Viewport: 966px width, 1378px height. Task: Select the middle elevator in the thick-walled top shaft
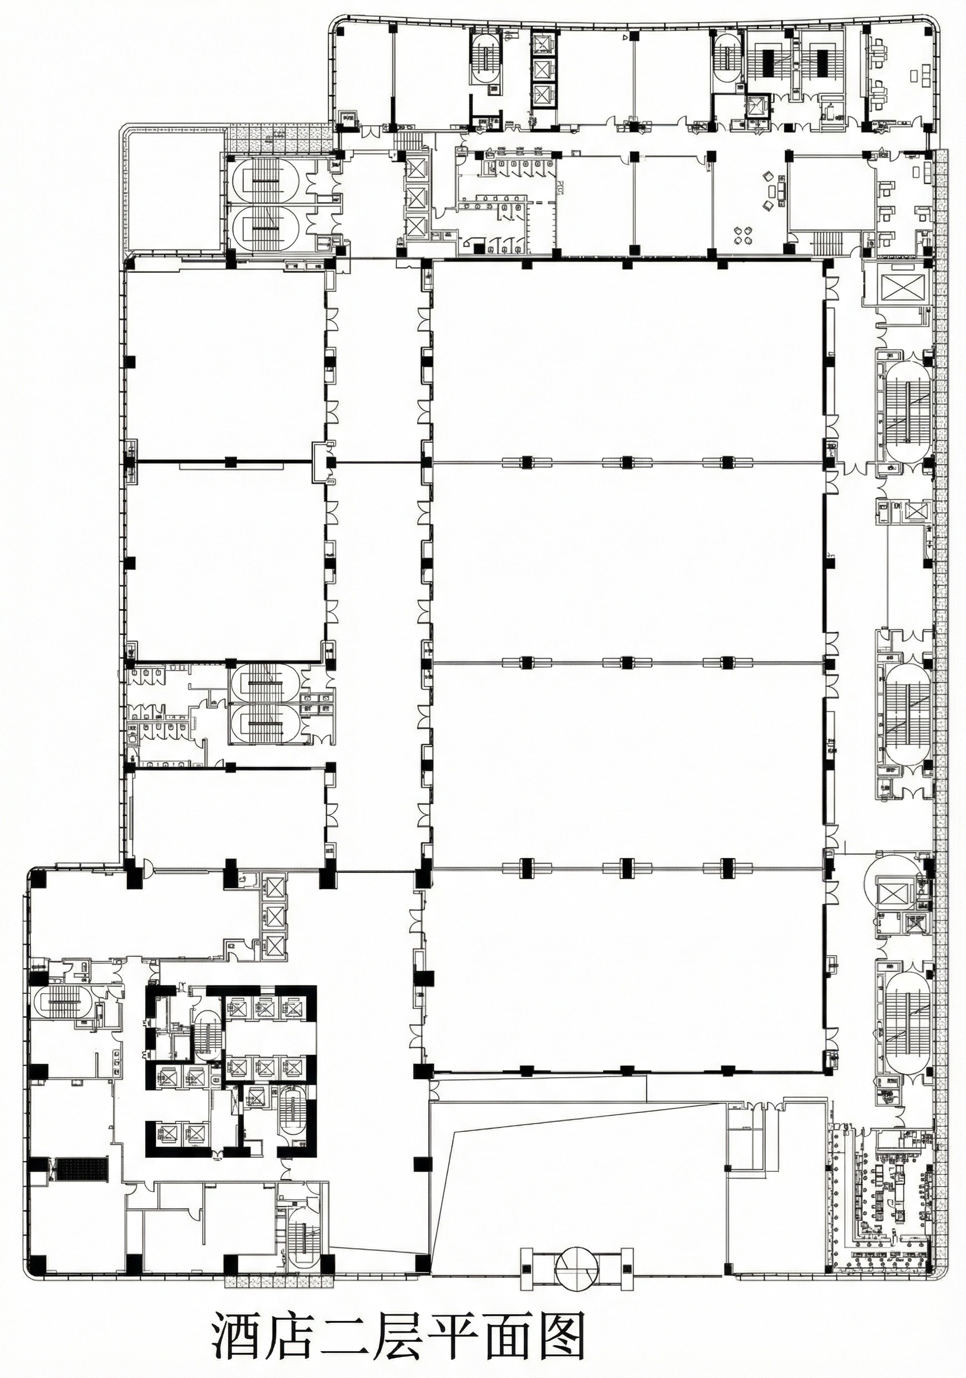(543, 68)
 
